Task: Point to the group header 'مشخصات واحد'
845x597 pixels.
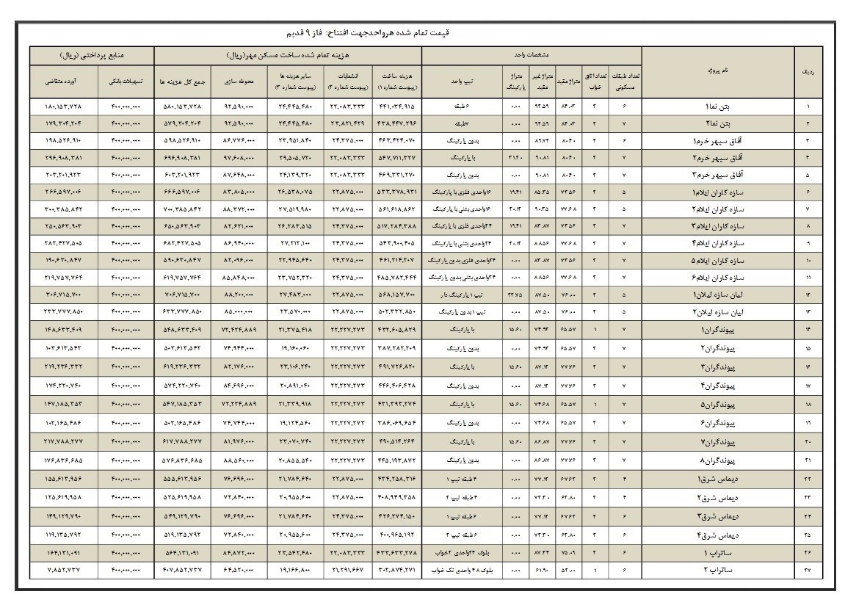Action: tap(532, 54)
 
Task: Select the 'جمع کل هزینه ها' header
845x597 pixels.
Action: tap(182, 80)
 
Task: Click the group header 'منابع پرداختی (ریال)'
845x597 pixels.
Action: tap(92, 54)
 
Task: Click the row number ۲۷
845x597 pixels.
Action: tap(809, 568)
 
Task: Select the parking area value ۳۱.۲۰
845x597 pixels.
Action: tap(515, 156)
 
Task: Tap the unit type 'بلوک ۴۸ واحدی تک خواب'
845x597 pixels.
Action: tap(462, 568)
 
